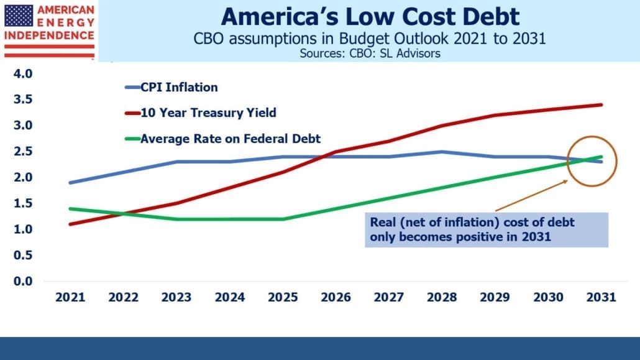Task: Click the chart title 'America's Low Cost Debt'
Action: pos(370,17)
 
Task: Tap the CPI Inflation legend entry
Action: pos(171,87)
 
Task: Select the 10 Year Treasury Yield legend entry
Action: pos(201,113)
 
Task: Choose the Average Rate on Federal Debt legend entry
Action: pos(223,139)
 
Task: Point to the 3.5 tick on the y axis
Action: pos(23,99)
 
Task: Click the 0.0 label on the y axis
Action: pos(23,281)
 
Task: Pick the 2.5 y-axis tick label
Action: pos(23,151)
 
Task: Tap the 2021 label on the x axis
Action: pos(70,297)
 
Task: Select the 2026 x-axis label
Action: pos(336,297)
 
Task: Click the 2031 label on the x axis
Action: pos(601,297)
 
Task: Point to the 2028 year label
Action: pos(442,297)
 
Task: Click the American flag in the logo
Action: pos(19,16)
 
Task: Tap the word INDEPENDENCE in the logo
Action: pos(49,35)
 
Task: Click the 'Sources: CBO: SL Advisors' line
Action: pos(370,53)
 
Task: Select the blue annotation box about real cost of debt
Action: pos(487,229)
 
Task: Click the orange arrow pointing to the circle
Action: pos(531,195)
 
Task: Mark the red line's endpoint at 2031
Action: pos(601,104)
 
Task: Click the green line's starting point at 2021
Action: pos(71,209)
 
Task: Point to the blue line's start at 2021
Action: pos(71,183)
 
